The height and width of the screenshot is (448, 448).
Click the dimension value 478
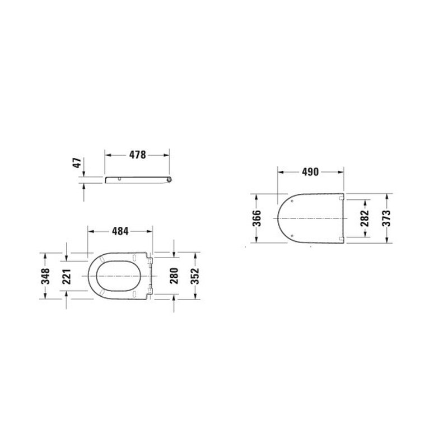click(x=137, y=155)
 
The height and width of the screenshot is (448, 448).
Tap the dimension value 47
click(x=77, y=162)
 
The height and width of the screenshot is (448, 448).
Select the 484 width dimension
click(x=120, y=231)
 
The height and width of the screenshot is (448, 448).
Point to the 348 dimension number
click(x=45, y=276)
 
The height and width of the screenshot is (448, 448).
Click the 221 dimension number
click(x=66, y=276)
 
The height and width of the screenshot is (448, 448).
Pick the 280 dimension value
click(x=174, y=276)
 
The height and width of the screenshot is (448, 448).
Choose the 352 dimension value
click(x=195, y=276)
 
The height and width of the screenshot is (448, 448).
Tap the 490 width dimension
click(x=310, y=172)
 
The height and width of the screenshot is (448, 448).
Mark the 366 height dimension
click(x=256, y=218)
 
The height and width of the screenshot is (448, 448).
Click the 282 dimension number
click(x=365, y=218)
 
